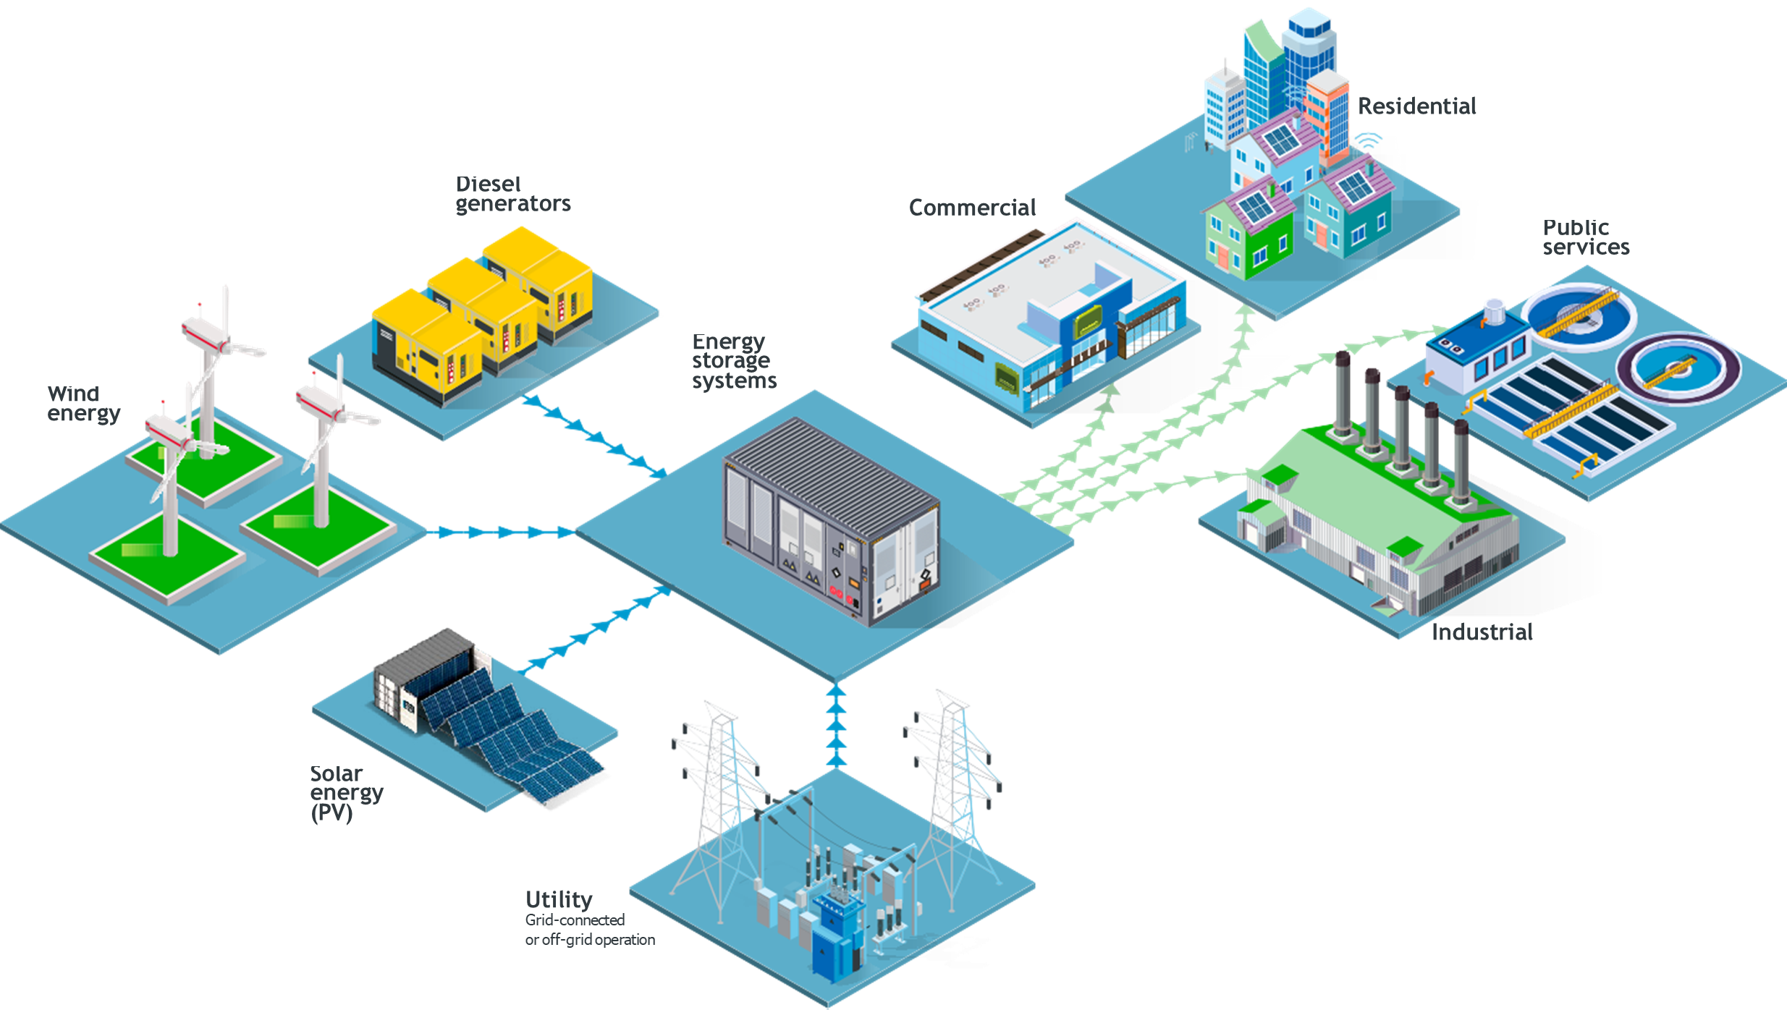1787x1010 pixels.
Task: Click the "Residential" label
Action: pos(1416,106)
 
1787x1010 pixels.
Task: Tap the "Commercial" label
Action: pos(972,208)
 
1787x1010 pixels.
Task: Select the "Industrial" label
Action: pos(1482,632)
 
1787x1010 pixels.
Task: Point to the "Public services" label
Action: pos(1585,238)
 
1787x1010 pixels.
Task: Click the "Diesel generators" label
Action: pos(512,195)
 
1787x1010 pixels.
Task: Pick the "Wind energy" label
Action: pos(83,404)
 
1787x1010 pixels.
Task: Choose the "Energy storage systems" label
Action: pos(733,361)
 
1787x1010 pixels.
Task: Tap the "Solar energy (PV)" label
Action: pos(346,793)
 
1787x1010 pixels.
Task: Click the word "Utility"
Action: pos(559,900)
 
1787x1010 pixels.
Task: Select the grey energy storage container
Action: pos(832,521)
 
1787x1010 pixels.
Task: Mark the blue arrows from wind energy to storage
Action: pos(499,532)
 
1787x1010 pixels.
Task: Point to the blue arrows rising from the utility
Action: pos(836,723)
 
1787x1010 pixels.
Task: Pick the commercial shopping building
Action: pos(1049,326)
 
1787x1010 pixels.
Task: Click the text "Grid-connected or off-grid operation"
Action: pos(589,930)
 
